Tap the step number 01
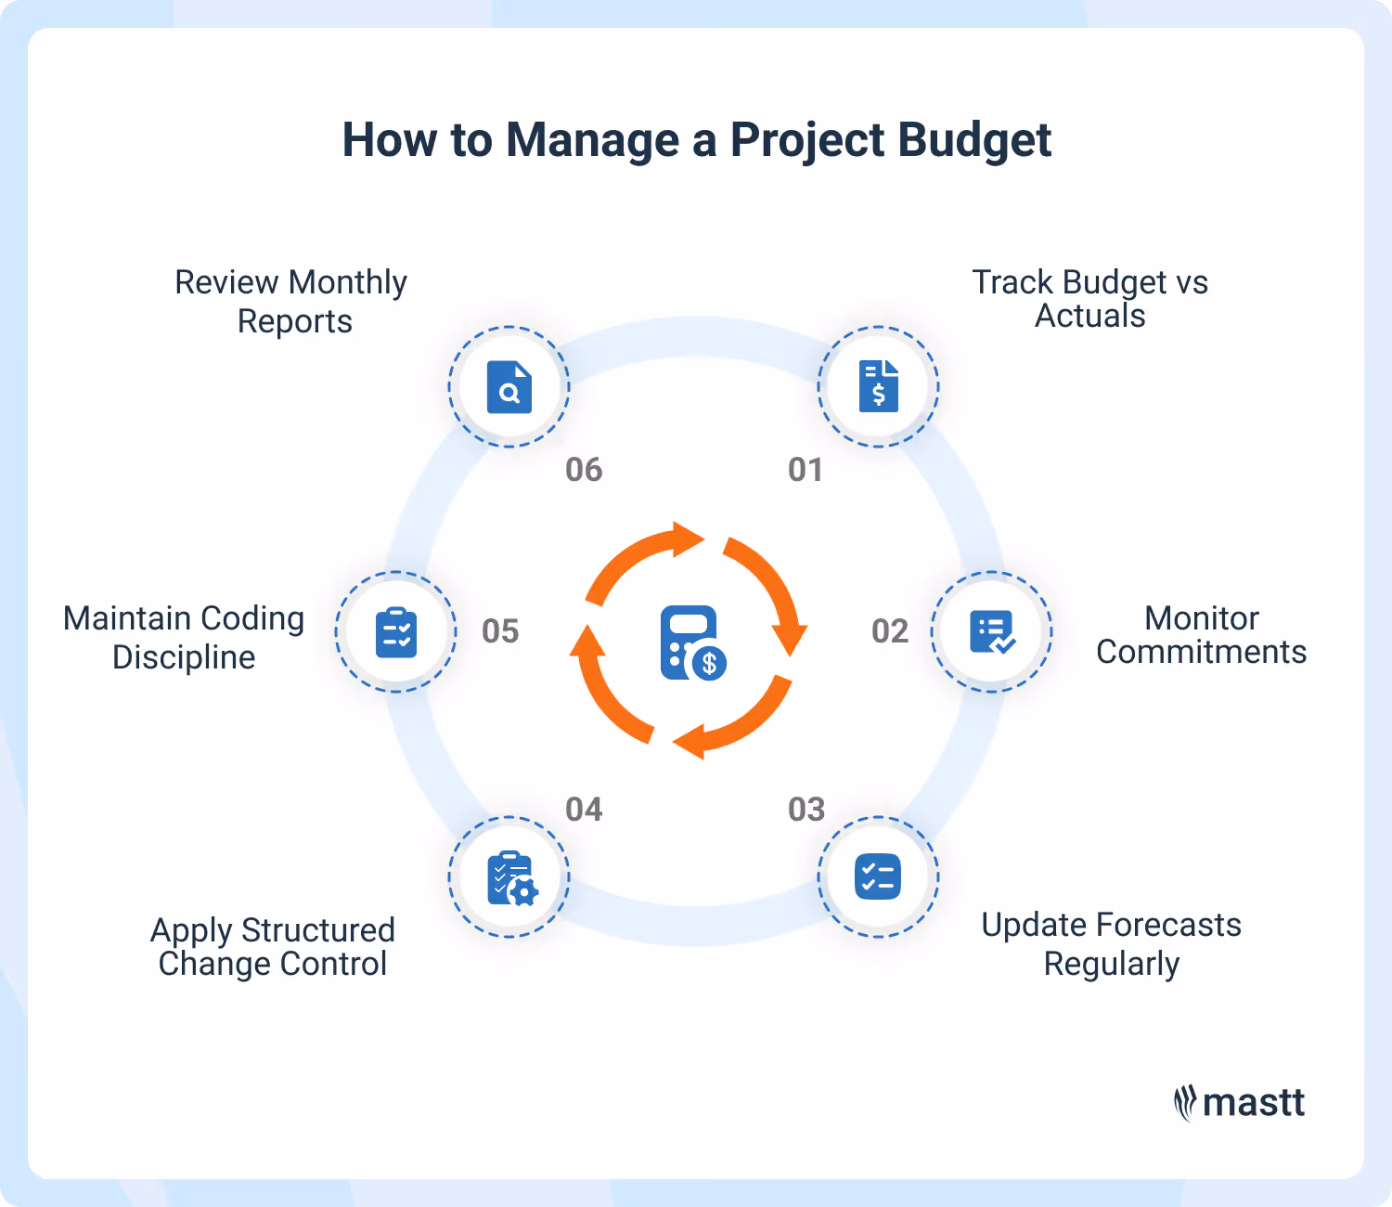pos(806,470)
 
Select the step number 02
pos(890,631)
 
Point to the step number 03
pos(806,810)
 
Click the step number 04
pos(584,810)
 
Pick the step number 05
pos(500,631)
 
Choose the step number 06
pos(584,470)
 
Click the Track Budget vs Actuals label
pos(1089,299)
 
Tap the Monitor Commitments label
pos(1201,635)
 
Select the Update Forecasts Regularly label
pos(1111,944)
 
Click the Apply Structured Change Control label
pos(273,947)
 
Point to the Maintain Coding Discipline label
pos(184,638)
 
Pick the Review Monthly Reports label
pos(291,301)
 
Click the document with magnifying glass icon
pos(509,386)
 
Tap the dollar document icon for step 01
pos(878,386)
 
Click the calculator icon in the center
pos(692,642)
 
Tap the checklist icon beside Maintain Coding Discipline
pos(396,632)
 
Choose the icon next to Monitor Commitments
pos(991,632)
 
